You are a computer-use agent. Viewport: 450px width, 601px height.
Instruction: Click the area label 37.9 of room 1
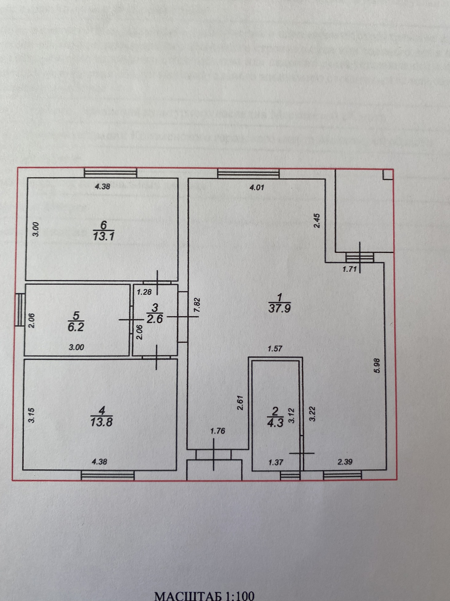coord(279,308)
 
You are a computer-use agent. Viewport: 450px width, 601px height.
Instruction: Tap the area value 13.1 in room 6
coord(103,236)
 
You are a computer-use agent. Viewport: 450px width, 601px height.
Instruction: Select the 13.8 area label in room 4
coord(101,421)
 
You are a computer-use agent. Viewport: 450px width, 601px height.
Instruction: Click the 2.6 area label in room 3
coord(154,319)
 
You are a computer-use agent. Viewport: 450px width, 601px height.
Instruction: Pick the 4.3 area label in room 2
coord(275,423)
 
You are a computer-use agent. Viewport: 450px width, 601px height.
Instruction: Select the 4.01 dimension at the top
coord(257,187)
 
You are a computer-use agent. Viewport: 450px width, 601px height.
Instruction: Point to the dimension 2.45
coord(317,221)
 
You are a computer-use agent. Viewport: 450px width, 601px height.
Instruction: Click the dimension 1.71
coord(349,269)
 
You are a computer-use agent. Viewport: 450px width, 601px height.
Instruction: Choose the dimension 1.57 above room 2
coord(275,349)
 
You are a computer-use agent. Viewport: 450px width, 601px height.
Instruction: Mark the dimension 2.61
coord(240,402)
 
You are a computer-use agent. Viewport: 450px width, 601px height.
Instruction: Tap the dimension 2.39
coord(345,462)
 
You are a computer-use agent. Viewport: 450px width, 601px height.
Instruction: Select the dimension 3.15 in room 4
coord(32,415)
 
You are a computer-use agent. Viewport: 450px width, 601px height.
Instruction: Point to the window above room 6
coord(111,173)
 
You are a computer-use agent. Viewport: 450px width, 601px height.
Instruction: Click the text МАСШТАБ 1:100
coord(204,596)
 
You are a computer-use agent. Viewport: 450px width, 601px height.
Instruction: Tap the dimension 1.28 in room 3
coord(144,292)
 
